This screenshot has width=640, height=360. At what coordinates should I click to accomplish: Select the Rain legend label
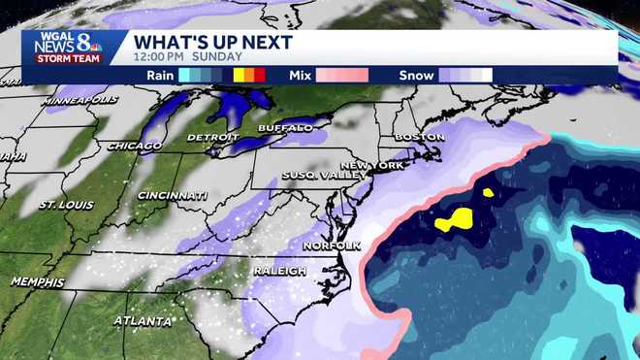point(160,75)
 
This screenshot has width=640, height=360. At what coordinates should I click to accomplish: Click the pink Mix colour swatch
point(340,75)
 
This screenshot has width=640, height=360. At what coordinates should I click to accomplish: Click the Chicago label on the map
point(135,146)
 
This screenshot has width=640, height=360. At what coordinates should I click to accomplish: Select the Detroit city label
point(213,137)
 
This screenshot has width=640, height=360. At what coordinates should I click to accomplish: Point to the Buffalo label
point(285,128)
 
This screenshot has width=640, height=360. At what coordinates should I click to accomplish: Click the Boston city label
point(419,137)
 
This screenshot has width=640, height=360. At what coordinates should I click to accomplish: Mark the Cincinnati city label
point(172,195)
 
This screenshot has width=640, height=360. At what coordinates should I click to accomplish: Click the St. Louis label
point(66,206)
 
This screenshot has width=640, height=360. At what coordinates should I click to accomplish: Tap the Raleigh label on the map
point(279,271)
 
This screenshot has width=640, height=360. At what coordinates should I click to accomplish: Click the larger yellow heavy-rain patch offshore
point(454,220)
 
